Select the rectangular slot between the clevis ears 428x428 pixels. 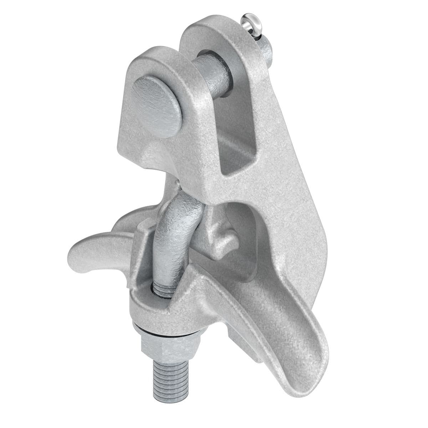(x=235, y=143)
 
